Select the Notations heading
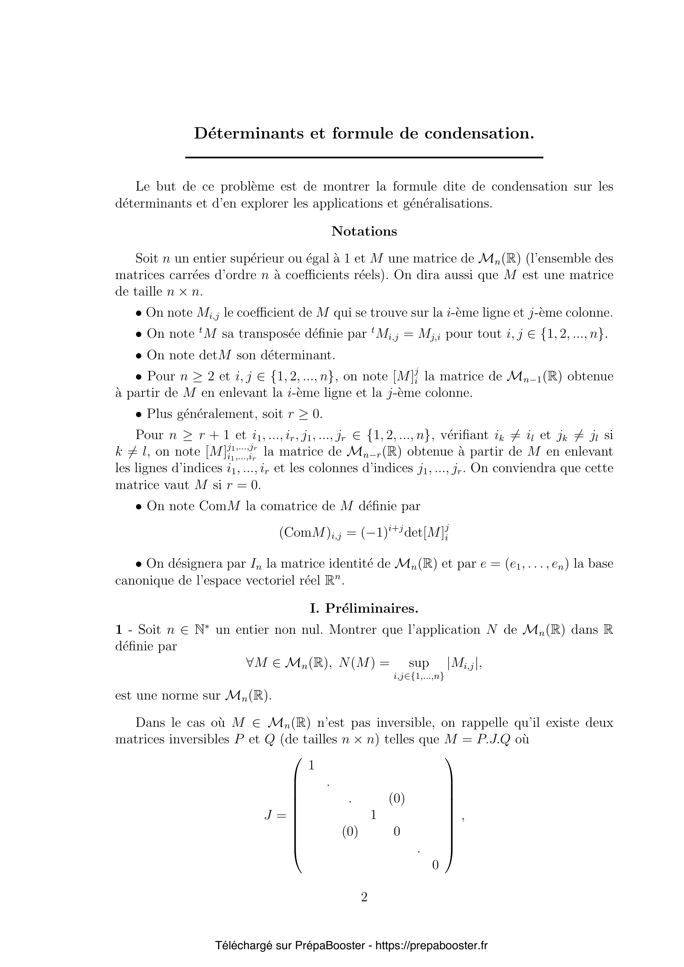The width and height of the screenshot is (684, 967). [x=364, y=231]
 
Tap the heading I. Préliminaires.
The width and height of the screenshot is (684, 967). [x=364, y=608]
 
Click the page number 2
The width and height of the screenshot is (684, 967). [x=364, y=898]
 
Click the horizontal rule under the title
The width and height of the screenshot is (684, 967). [x=364, y=158]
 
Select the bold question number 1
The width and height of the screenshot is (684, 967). [x=119, y=630]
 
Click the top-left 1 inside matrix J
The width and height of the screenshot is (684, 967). [x=312, y=766]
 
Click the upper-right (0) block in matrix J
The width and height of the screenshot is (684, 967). [x=397, y=799]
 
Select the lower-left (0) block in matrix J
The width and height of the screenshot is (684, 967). [x=350, y=832]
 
